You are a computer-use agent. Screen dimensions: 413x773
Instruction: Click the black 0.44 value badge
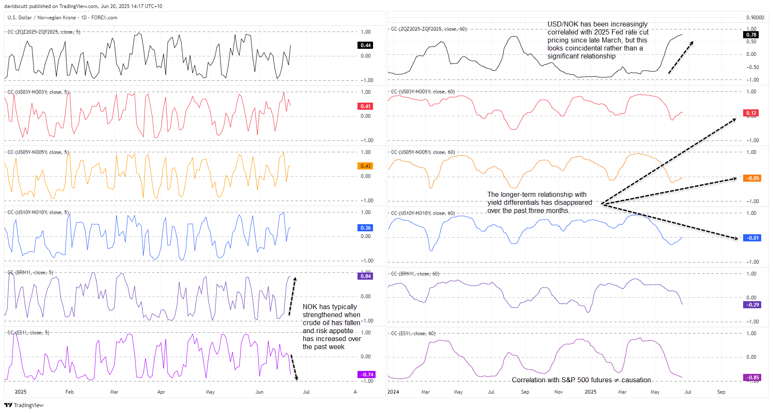point(365,45)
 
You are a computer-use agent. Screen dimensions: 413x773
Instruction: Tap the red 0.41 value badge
point(365,106)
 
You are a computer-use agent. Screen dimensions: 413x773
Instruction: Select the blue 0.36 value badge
point(365,228)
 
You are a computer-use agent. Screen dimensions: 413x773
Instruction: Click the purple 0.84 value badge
point(365,276)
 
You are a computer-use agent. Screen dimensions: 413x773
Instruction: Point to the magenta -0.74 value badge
point(366,374)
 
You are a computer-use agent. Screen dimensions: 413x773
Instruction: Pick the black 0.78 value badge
point(751,35)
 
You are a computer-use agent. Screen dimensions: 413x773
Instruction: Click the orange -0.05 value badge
point(752,178)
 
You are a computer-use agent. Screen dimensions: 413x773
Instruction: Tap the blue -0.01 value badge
point(752,238)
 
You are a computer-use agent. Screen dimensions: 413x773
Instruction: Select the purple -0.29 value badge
point(752,305)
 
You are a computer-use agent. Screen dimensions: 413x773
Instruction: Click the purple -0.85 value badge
point(752,377)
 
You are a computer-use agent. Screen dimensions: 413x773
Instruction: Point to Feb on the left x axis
point(70,392)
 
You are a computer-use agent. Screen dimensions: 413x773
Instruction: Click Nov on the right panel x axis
point(559,392)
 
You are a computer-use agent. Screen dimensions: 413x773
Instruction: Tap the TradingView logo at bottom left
point(24,405)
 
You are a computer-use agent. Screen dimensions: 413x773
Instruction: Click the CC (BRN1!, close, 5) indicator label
point(31,273)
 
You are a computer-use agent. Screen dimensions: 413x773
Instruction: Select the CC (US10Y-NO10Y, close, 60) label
point(423,213)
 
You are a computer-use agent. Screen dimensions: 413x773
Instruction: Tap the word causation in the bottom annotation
point(636,380)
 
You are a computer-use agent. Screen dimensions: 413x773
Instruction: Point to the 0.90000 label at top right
point(755,18)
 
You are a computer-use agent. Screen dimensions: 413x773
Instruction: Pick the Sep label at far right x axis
point(721,392)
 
